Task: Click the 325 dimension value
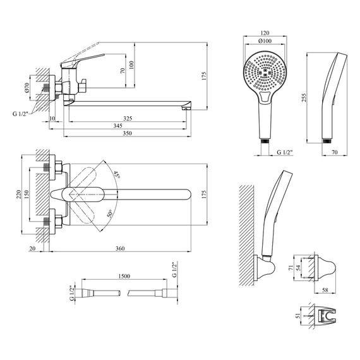click(x=128, y=118)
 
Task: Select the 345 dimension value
click(x=117, y=126)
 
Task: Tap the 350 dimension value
click(x=128, y=133)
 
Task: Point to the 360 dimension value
click(x=120, y=248)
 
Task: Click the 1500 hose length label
click(x=124, y=276)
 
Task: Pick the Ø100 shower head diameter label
click(x=265, y=41)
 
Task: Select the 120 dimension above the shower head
click(x=265, y=33)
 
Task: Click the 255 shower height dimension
click(x=304, y=98)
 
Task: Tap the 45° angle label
click(x=117, y=174)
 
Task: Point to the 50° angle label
click(x=110, y=213)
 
